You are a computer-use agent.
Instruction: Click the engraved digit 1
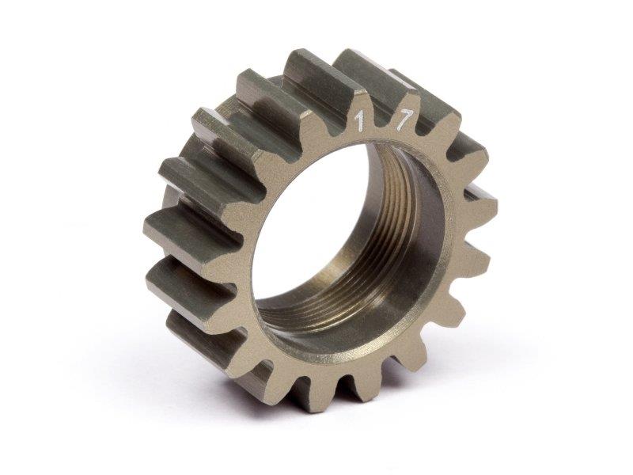click(x=358, y=123)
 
